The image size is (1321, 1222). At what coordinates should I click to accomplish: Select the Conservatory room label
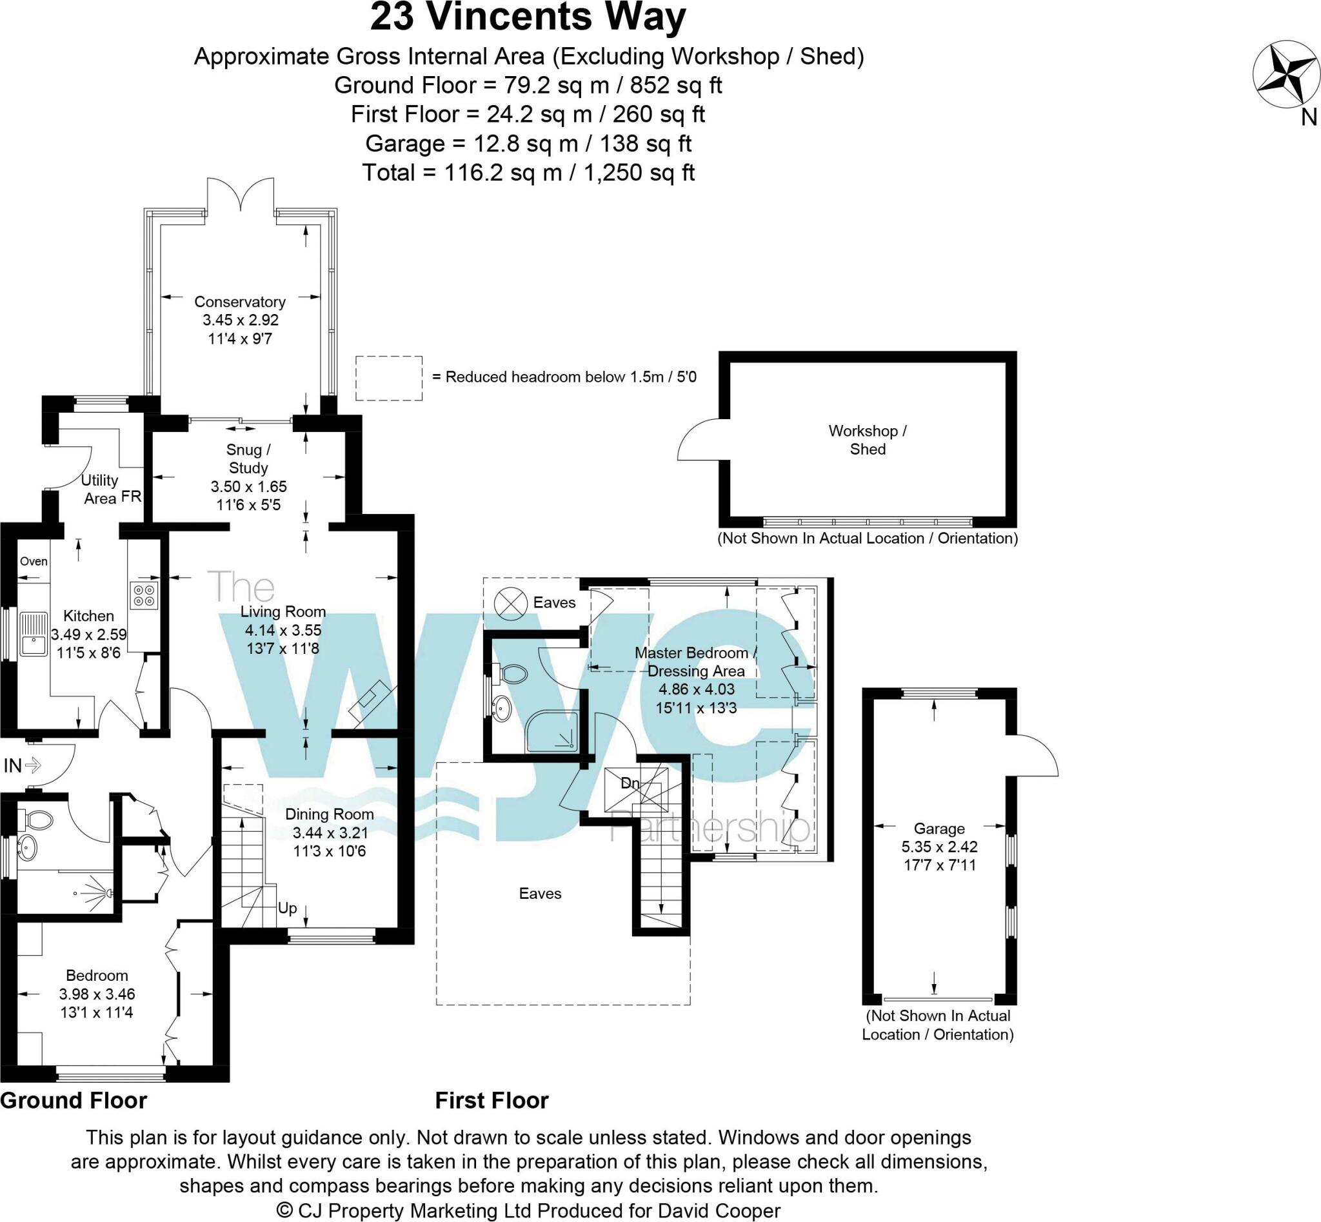[239, 302]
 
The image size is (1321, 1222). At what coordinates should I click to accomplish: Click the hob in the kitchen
[144, 595]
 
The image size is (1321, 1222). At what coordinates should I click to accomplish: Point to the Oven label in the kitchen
[33, 562]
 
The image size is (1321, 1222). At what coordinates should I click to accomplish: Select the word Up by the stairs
[287, 908]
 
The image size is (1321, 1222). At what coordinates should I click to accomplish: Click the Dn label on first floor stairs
[630, 783]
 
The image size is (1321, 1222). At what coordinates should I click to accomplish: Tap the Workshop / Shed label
[867, 440]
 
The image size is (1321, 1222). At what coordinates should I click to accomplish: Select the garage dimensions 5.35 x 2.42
[939, 847]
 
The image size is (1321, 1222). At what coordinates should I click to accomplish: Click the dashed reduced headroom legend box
[388, 379]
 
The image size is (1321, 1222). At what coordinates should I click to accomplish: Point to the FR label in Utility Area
[131, 497]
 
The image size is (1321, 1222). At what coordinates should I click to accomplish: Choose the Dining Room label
[330, 814]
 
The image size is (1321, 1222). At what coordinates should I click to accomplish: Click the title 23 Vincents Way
[527, 17]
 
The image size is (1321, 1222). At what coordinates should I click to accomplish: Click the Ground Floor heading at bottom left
[74, 1100]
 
